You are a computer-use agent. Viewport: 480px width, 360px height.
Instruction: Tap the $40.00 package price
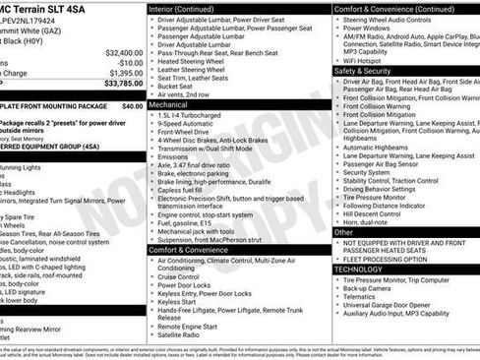click(x=132, y=105)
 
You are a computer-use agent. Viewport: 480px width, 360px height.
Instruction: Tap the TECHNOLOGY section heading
click(x=358, y=269)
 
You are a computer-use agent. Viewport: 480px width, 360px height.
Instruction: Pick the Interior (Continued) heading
click(x=189, y=8)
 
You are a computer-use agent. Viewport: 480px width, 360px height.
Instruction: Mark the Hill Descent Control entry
click(x=372, y=212)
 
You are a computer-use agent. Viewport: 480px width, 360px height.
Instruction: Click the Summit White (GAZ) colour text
click(x=34, y=30)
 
